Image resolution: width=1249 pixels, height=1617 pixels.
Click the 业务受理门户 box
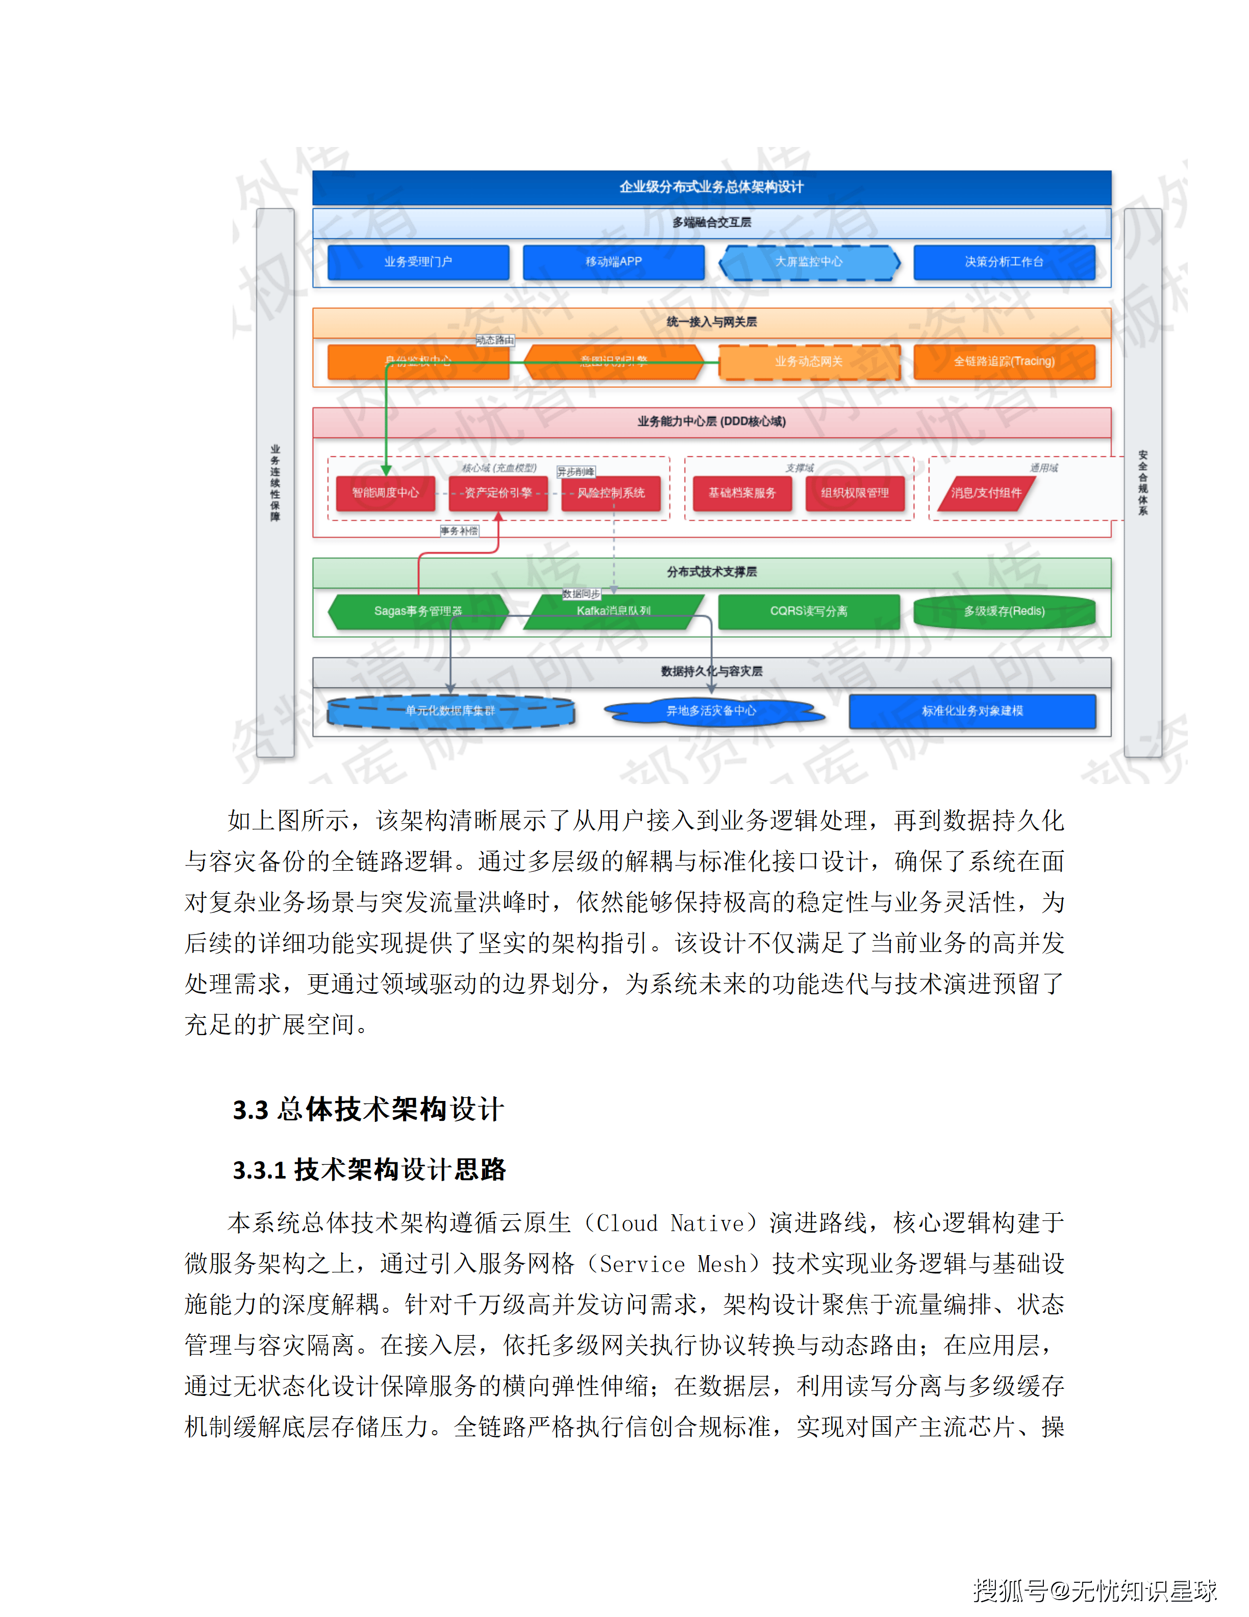[x=418, y=262]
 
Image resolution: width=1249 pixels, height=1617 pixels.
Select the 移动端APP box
[x=613, y=262]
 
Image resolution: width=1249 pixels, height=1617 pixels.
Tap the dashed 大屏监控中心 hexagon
[x=809, y=262]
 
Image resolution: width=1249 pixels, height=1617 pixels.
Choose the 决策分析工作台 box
[x=1004, y=262]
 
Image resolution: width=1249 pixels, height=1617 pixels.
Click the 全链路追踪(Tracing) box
[x=1004, y=362]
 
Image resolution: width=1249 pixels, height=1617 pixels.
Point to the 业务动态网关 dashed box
[x=809, y=362]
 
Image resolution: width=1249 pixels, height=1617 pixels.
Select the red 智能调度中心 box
[x=385, y=493]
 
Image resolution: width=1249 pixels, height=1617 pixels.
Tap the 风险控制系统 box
[x=611, y=493]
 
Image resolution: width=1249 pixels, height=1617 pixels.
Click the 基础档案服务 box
[x=741, y=493]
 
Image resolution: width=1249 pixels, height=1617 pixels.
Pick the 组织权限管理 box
[x=855, y=493]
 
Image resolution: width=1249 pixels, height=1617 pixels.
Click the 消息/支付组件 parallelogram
[x=986, y=493]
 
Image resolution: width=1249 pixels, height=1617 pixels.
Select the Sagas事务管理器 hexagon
[x=418, y=611]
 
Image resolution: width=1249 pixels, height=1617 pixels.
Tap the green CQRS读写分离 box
[x=809, y=611]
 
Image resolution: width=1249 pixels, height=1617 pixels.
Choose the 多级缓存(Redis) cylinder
[x=1004, y=611]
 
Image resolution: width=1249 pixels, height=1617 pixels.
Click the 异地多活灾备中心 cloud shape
[x=711, y=712]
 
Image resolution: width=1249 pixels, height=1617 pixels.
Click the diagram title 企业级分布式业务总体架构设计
[x=711, y=187]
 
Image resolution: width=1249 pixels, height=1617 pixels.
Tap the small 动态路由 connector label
[x=494, y=340]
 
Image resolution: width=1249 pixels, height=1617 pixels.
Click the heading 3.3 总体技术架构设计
[x=368, y=1110]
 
